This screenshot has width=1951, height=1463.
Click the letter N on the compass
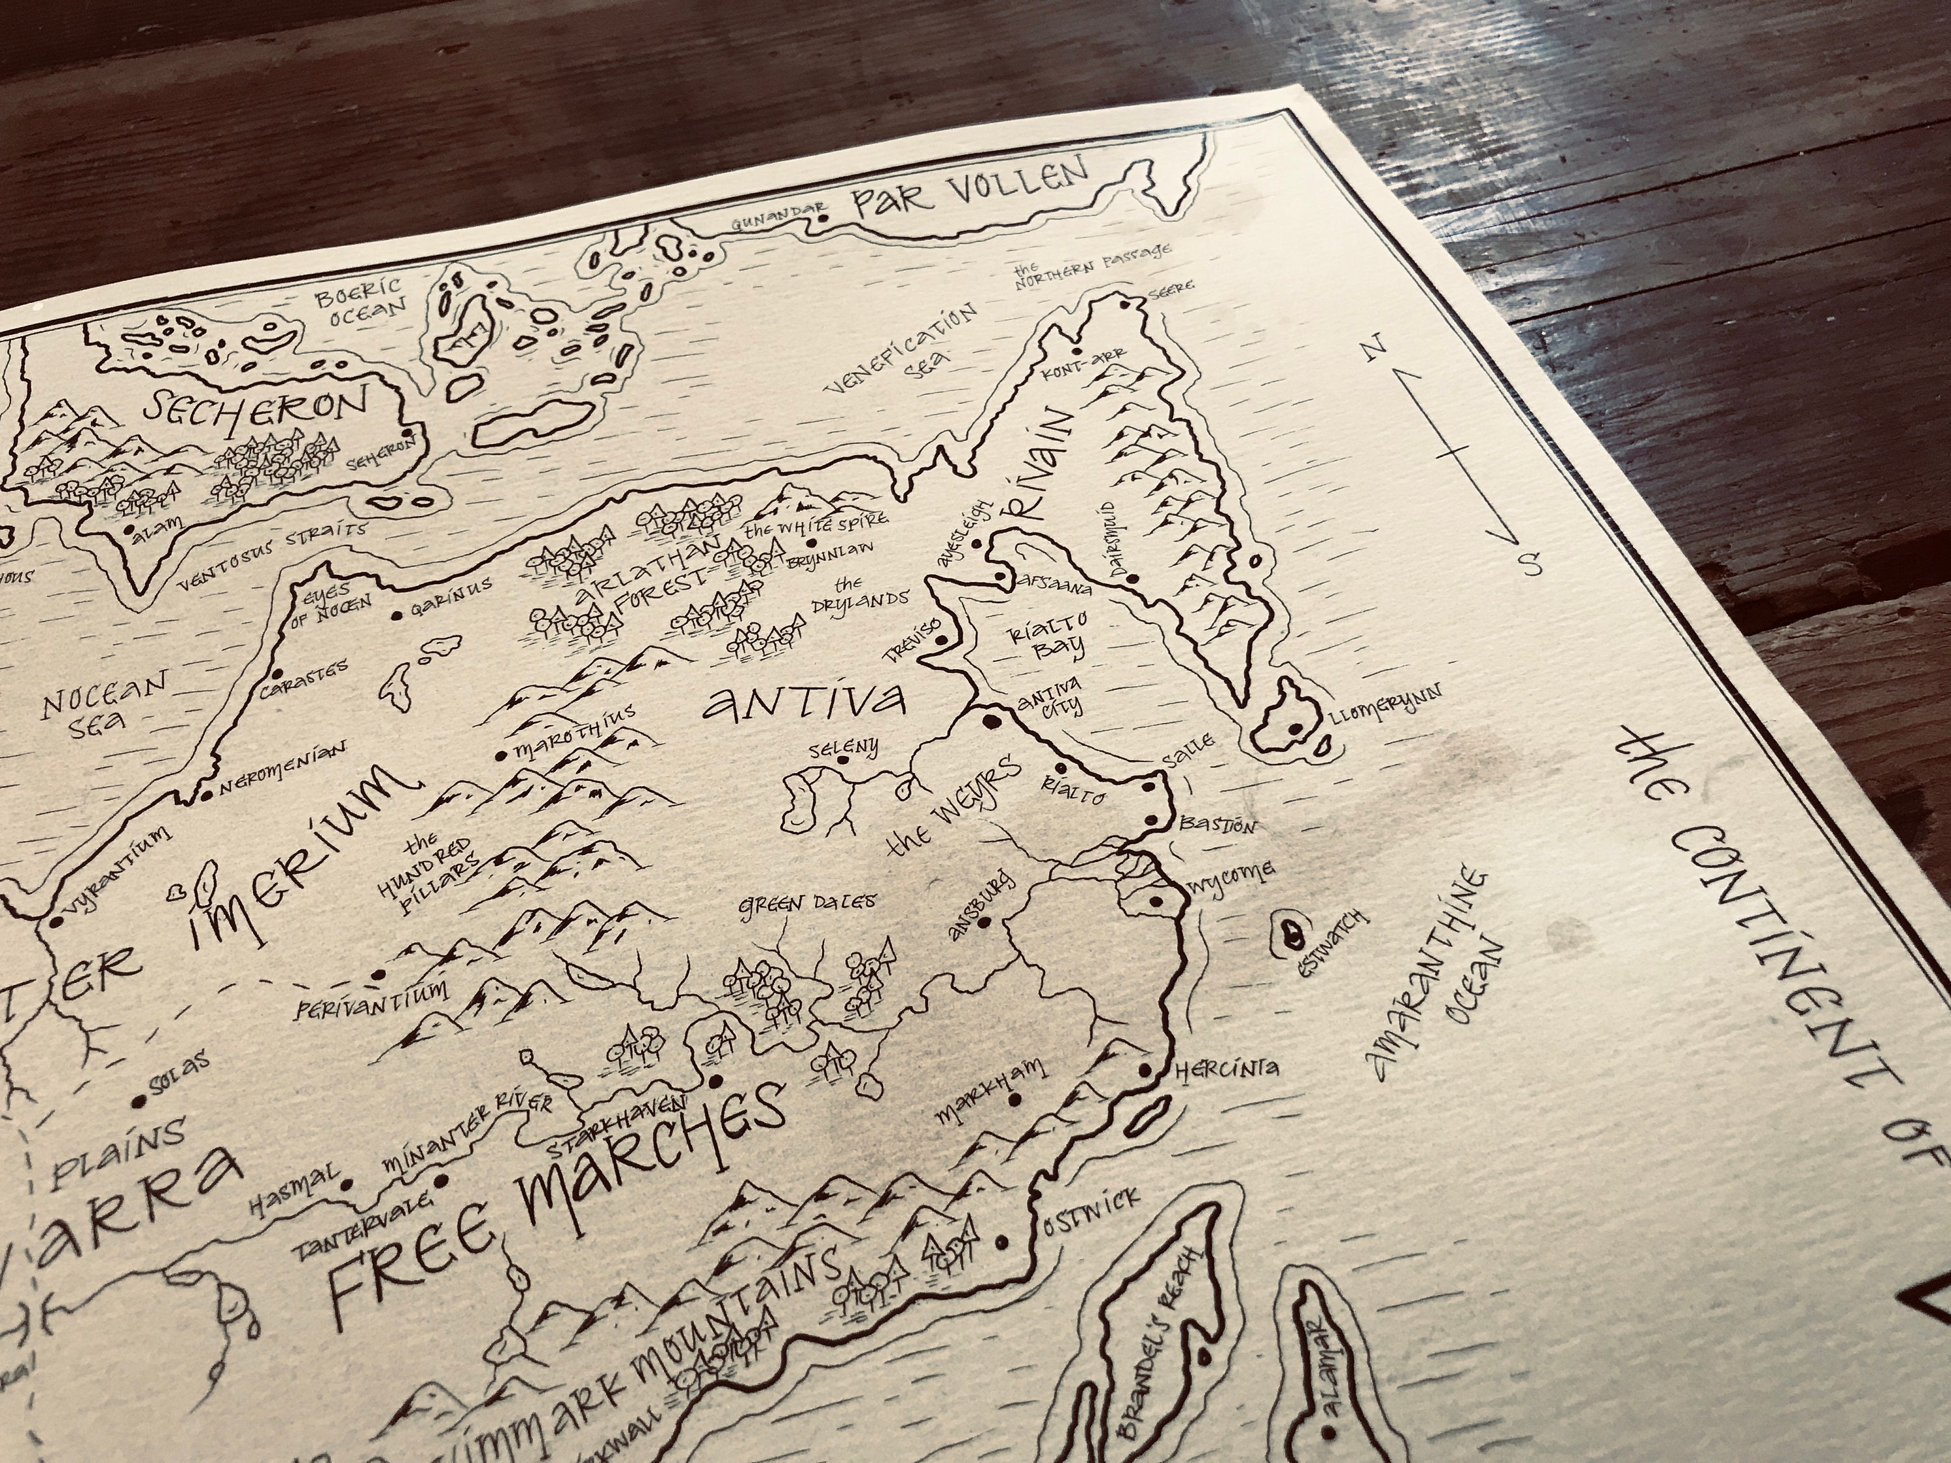(1372, 351)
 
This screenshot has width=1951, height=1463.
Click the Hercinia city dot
(1147, 1070)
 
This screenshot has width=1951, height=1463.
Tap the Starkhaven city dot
(716, 1079)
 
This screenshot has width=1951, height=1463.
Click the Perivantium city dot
(379, 975)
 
